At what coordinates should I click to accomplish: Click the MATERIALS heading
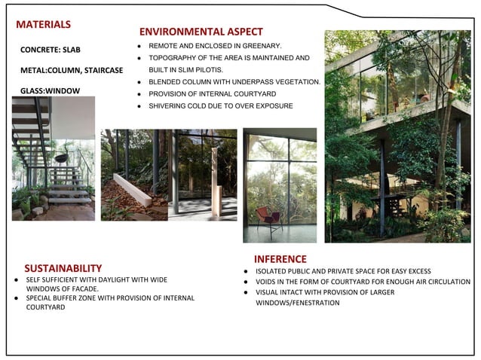coord(44,25)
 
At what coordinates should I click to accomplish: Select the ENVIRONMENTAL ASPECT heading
coord(201,32)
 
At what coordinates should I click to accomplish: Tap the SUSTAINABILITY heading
coord(63,268)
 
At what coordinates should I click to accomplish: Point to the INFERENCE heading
coord(280,259)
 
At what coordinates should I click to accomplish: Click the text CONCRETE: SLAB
coord(51,50)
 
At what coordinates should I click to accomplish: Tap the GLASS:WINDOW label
coord(50,91)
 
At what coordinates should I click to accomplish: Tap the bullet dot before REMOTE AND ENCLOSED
coord(139,46)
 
